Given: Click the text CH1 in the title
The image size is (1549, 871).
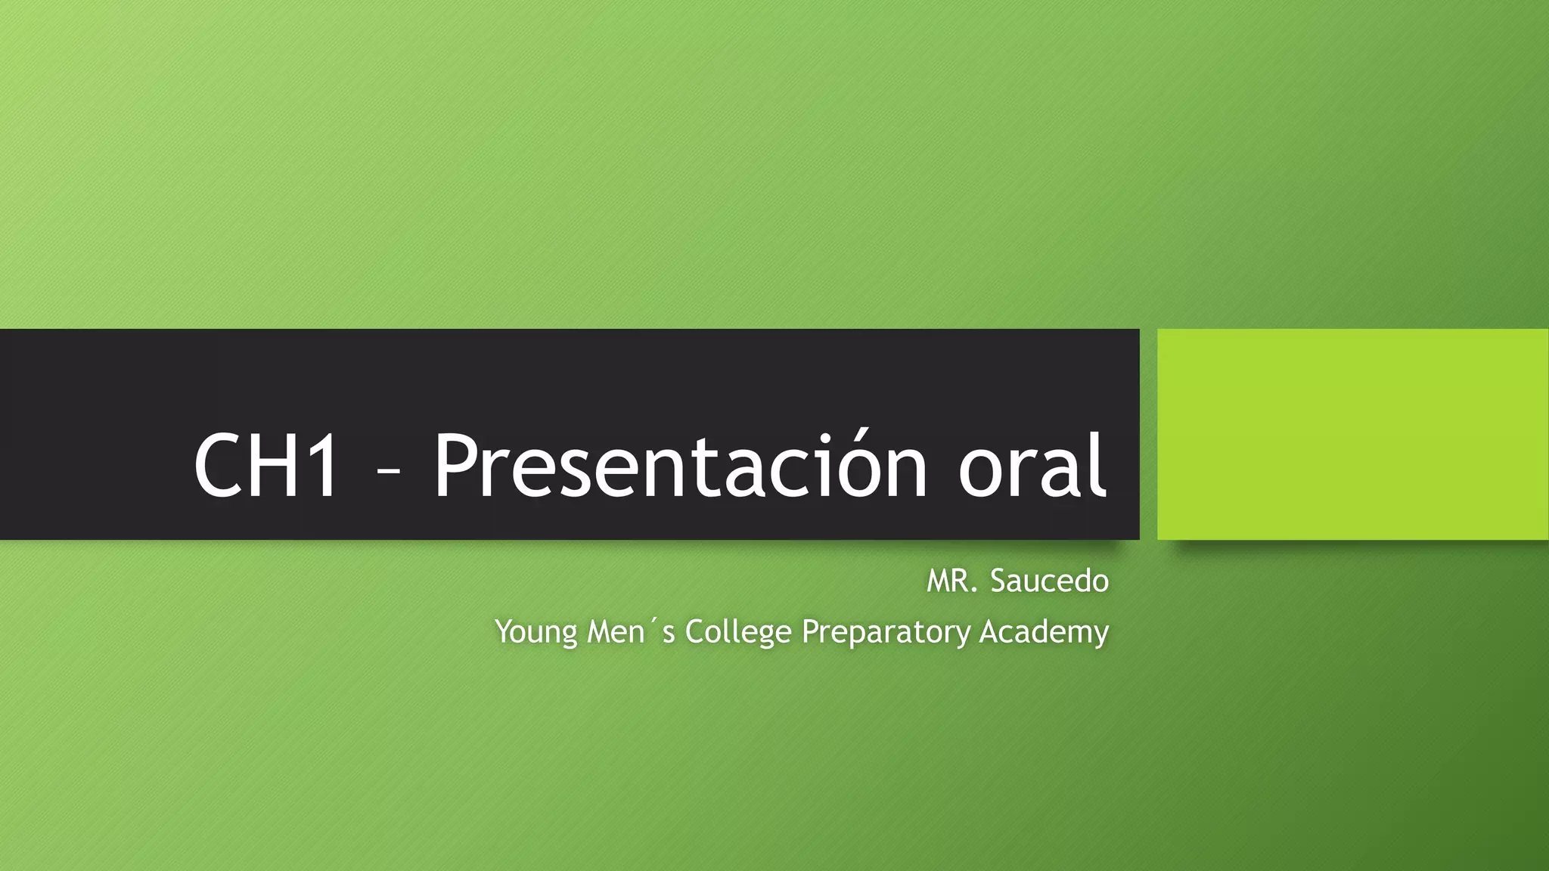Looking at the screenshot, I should (x=266, y=465).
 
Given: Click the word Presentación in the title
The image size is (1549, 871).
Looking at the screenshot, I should (x=679, y=465).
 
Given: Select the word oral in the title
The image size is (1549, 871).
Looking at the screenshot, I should (x=1032, y=465).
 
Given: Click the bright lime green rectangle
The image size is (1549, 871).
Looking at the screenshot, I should (x=1352, y=434).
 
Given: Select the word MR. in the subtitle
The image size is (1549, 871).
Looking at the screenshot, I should (x=954, y=581).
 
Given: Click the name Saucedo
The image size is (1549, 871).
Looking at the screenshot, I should (x=1049, y=581).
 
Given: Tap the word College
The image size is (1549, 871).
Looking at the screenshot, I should (x=737, y=632).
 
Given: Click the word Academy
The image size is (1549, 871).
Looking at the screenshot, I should (x=1044, y=632).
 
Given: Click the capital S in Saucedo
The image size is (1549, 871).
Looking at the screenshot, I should (x=998, y=581).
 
